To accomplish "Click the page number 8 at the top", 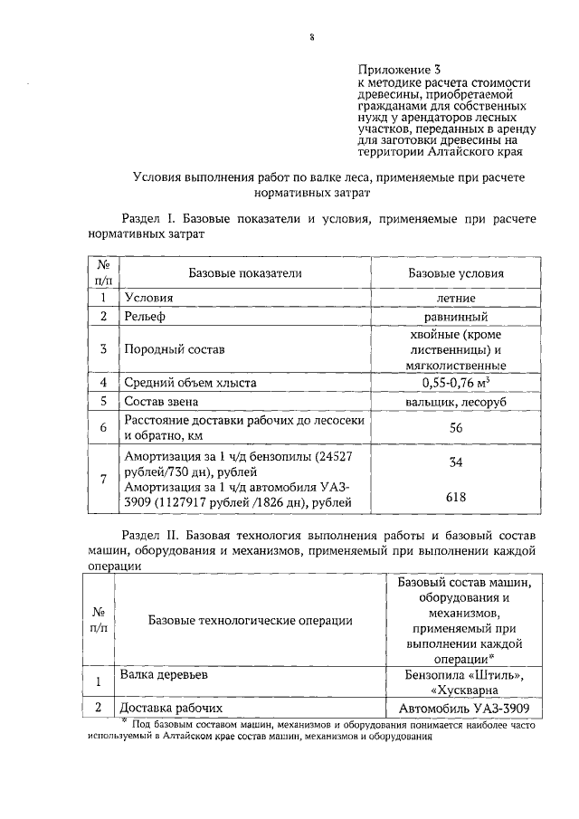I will [311, 37].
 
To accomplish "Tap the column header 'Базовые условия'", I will [456, 272].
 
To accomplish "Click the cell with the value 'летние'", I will [456, 297].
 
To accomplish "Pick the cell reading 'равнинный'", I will [456, 317].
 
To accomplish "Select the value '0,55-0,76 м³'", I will [456, 383].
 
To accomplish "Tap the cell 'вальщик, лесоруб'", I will [456, 402].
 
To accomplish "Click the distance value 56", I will [456, 428].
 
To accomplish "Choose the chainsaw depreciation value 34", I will [456, 462].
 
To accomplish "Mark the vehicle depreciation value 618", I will [456, 497].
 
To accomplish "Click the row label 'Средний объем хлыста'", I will [190, 383].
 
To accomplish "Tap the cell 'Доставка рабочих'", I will [172, 708].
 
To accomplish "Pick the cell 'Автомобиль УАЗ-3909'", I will [463, 708].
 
